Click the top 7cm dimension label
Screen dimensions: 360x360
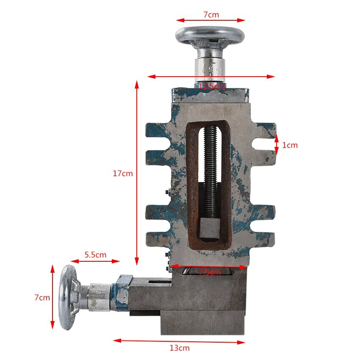[211, 14]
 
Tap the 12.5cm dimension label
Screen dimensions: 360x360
[211, 86]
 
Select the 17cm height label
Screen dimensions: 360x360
[123, 173]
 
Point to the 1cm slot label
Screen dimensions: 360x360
[290, 145]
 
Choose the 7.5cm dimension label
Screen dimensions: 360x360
[210, 272]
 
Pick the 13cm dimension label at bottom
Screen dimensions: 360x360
[179, 348]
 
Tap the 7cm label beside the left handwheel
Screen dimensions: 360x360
[42, 297]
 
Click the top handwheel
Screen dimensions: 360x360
[210, 36]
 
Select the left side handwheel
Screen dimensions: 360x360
[68, 297]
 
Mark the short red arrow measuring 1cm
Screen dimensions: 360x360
[276, 145]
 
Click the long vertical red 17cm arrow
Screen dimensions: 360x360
[137, 173]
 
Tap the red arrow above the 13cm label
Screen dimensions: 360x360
[179, 341]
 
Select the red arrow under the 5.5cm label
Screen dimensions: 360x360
[95, 261]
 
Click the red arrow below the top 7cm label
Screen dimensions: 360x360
[211, 20]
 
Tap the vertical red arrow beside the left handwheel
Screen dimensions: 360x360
[53, 297]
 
